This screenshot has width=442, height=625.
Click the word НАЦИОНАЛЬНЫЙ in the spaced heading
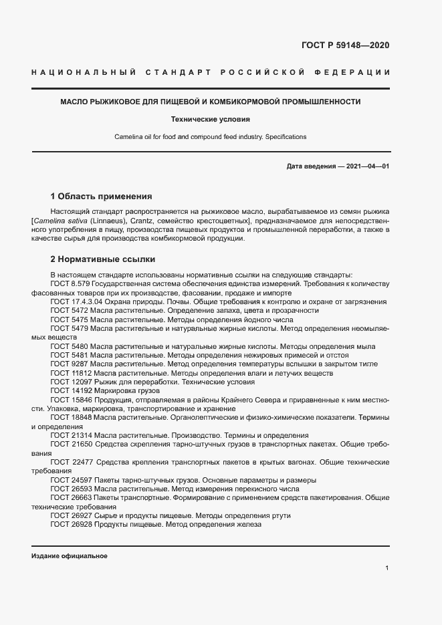tap(84, 72)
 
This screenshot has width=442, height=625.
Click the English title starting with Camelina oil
tap(210, 137)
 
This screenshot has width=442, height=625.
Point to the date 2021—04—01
tap(367, 166)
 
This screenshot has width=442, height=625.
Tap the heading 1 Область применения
tap(101, 197)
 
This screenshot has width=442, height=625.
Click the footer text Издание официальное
tap(69, 556)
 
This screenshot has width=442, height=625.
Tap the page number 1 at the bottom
tap(387, 568)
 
